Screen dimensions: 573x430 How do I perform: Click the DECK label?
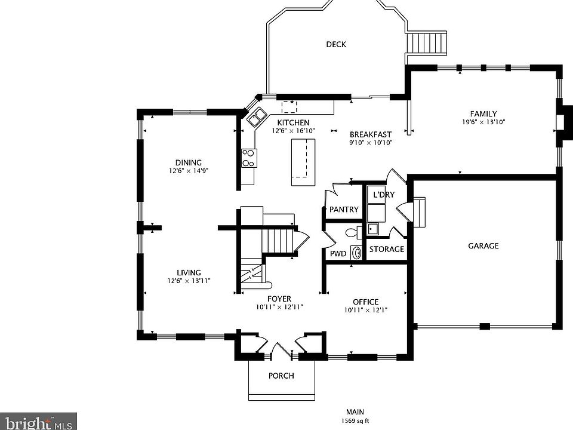pos(336,44)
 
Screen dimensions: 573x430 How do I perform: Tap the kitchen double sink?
pos(257,116)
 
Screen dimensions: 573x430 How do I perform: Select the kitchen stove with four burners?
pos(249,158)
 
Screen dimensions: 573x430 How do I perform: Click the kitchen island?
pos(303,162)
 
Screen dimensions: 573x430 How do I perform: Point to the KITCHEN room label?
pos(293,122)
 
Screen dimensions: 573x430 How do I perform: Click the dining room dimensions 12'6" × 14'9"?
pos(188,171)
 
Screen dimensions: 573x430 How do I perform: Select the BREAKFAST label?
pos(371,134)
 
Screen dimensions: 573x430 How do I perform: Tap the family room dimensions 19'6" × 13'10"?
pos(483,122)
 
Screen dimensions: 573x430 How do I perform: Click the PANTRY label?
pos(344,210)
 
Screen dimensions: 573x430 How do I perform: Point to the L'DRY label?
pos(384,195)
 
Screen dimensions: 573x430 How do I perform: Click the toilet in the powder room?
pos(353,232)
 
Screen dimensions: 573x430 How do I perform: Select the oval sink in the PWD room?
pos(356,252)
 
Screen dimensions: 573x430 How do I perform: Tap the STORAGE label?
pos(387,250)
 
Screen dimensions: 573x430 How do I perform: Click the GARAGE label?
pos(483,245)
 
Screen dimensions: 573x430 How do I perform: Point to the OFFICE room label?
pos(365,302)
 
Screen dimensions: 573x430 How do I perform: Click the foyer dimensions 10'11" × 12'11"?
pos(279,307)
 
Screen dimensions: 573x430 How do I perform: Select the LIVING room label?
pos(189,273)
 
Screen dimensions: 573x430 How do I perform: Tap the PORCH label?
pos(281,376)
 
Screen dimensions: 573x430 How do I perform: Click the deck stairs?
pos(427,43)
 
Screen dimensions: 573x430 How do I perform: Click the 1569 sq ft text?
pos(355,421)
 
